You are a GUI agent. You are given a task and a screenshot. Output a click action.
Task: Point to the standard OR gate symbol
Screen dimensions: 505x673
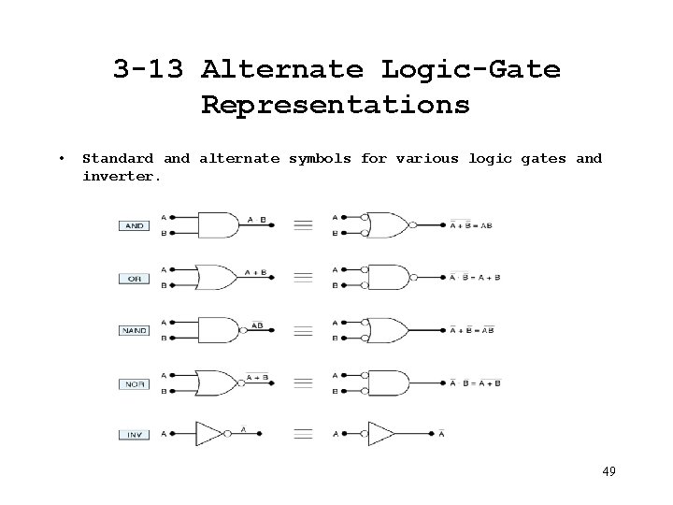[x=214, y=278]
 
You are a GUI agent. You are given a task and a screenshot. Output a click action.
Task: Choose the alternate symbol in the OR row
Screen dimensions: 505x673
[x=388, y=278]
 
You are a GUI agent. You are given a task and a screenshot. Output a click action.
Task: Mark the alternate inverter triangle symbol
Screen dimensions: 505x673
[x=381, y=434]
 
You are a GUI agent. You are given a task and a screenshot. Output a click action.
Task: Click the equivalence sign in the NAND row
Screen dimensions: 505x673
[x=303, y=330]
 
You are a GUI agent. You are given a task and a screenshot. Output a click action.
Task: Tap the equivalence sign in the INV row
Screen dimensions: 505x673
[x=303, y=434]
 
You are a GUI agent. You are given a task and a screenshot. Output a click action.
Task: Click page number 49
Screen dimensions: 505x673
[x=609, y=470]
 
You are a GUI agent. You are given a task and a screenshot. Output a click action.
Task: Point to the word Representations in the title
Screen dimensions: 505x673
[x=336, y=105]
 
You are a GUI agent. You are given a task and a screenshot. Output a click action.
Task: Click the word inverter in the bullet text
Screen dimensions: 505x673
[x=122, y=175]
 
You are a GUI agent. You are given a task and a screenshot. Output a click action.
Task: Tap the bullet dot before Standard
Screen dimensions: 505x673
[x=60, y=158]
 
